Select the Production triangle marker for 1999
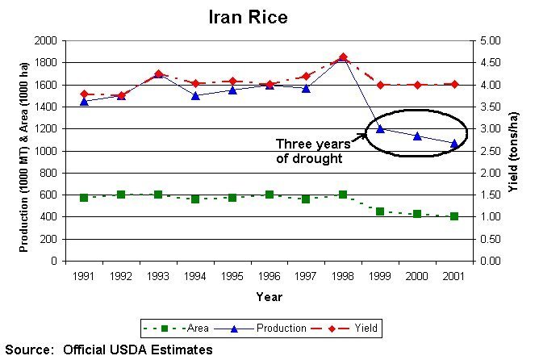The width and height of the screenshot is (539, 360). click(x=380, y=128)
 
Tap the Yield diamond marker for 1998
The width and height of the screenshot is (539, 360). click(x=343, y=57)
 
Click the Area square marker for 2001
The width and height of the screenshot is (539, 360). click(x=454, y=216)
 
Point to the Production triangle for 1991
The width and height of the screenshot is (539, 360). click(x=84, y=101)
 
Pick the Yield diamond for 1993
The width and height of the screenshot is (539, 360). click(x=158, y=74)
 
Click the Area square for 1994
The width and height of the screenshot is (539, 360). click(x=195, y=199)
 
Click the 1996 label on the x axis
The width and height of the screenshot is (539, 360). click(x=269, y=276)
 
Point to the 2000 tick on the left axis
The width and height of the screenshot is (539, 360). click(x=45, y=40)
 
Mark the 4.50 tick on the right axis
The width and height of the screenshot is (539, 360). click(x=491, y=62)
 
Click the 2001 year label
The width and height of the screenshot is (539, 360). click(x=454, y=276)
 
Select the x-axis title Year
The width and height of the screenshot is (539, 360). click(x=269, y=297)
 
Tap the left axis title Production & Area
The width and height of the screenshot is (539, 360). click(x=24, y=150)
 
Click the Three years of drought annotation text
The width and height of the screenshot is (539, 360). click(x=310, y=151)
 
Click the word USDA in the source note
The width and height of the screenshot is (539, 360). click(x=142, y=350)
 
